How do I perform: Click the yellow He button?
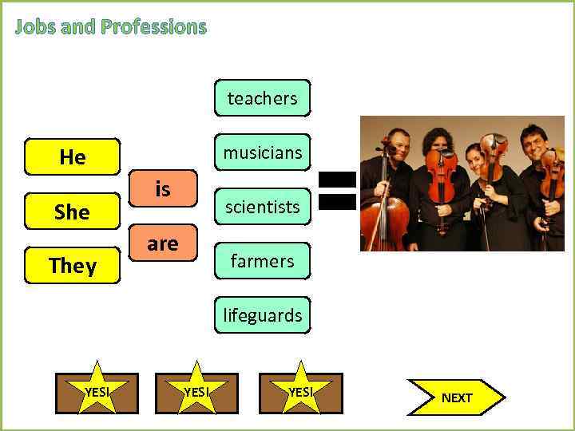click(x=72, y=157)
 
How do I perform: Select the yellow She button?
click(x=72, y=212)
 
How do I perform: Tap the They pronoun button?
click(x=72, y=266)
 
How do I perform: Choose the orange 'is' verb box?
click(x=163, y=189)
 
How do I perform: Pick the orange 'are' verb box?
click(x=163, y=243)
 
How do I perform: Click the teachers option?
click(x=262, y=98)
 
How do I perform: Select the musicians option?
click(x=262, y=152)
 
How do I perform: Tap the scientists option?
click(x=262, y=207)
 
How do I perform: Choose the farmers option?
click(x=262, y=261)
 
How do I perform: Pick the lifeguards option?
click(x=262, y=315)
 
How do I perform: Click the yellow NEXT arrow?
click(x=456, y=397)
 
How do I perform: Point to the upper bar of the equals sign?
click(x=337, y=180)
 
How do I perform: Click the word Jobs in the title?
click(x=36, y=27)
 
